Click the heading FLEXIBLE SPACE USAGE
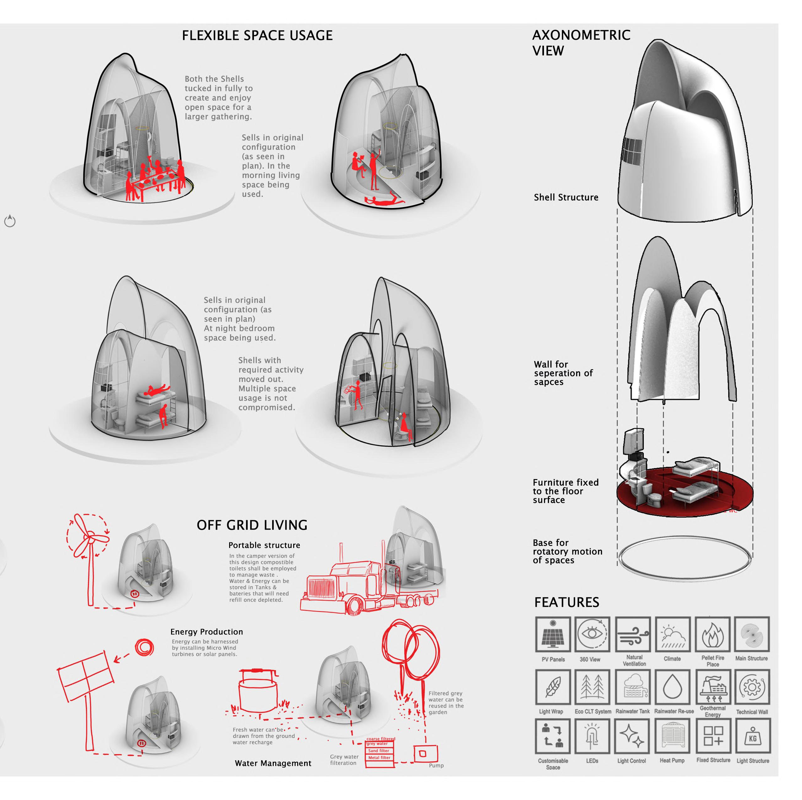(257, 36)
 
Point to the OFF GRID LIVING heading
(252, 525)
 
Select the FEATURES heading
(567, 602)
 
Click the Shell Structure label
(566, 198)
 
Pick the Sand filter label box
(379, 751)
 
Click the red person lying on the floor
(384, 202)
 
